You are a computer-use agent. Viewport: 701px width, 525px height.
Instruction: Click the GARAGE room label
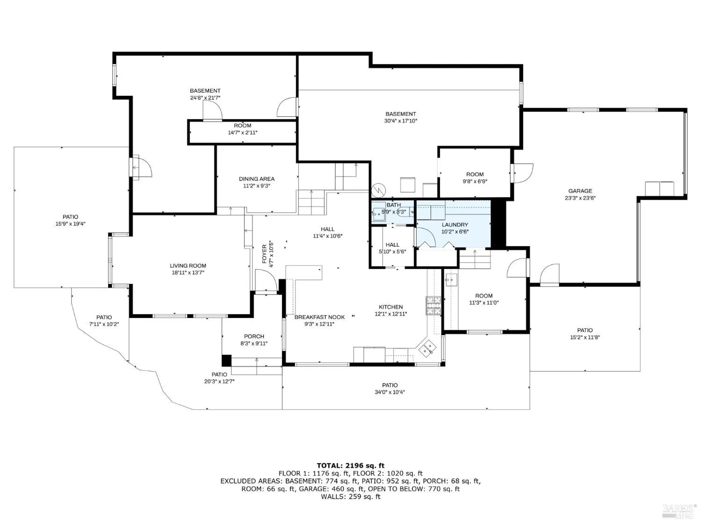pyautogui.click(x=580, y=191)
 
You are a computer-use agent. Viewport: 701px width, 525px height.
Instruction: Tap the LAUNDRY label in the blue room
pyautogui.click(x=455, y=225)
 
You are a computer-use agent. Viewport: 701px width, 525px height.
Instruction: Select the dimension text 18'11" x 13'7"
pyautogui.click(x=188, y=273)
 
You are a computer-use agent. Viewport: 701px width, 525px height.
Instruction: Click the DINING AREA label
pyautogui.click(x=257, y=179)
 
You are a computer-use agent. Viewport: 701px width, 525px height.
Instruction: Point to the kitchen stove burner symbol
pyautogui.click(x=433, y=306)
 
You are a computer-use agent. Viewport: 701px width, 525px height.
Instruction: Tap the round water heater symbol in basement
pyautogui.click(x=379, y=190)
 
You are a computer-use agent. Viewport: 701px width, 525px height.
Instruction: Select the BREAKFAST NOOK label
pyautogui.click(x=319, y=317)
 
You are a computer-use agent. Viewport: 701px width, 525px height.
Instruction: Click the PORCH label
pyautogui.click(x=254, y=336)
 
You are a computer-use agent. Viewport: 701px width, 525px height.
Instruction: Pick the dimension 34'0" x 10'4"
pyautogui.click(x=390, y=392)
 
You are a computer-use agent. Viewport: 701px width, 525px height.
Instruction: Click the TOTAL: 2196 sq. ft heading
pyautogui.click(x=350, y=465)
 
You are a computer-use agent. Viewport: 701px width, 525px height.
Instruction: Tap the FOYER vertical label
pyautogui.click(x=265, y=254)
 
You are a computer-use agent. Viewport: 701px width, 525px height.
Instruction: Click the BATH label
pyautogui.click(x=394, y=205)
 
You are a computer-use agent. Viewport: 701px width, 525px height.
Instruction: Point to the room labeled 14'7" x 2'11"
pyautogui.click(x=243, y=129)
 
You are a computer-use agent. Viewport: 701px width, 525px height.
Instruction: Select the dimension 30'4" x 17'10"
pyautogui.click(x=401, y=121)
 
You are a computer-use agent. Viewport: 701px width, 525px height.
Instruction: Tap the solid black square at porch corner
pyautogui.click(x=226, y=360)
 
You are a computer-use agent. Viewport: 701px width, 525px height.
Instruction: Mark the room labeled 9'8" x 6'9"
pyautogui.click(x=475, y=178)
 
